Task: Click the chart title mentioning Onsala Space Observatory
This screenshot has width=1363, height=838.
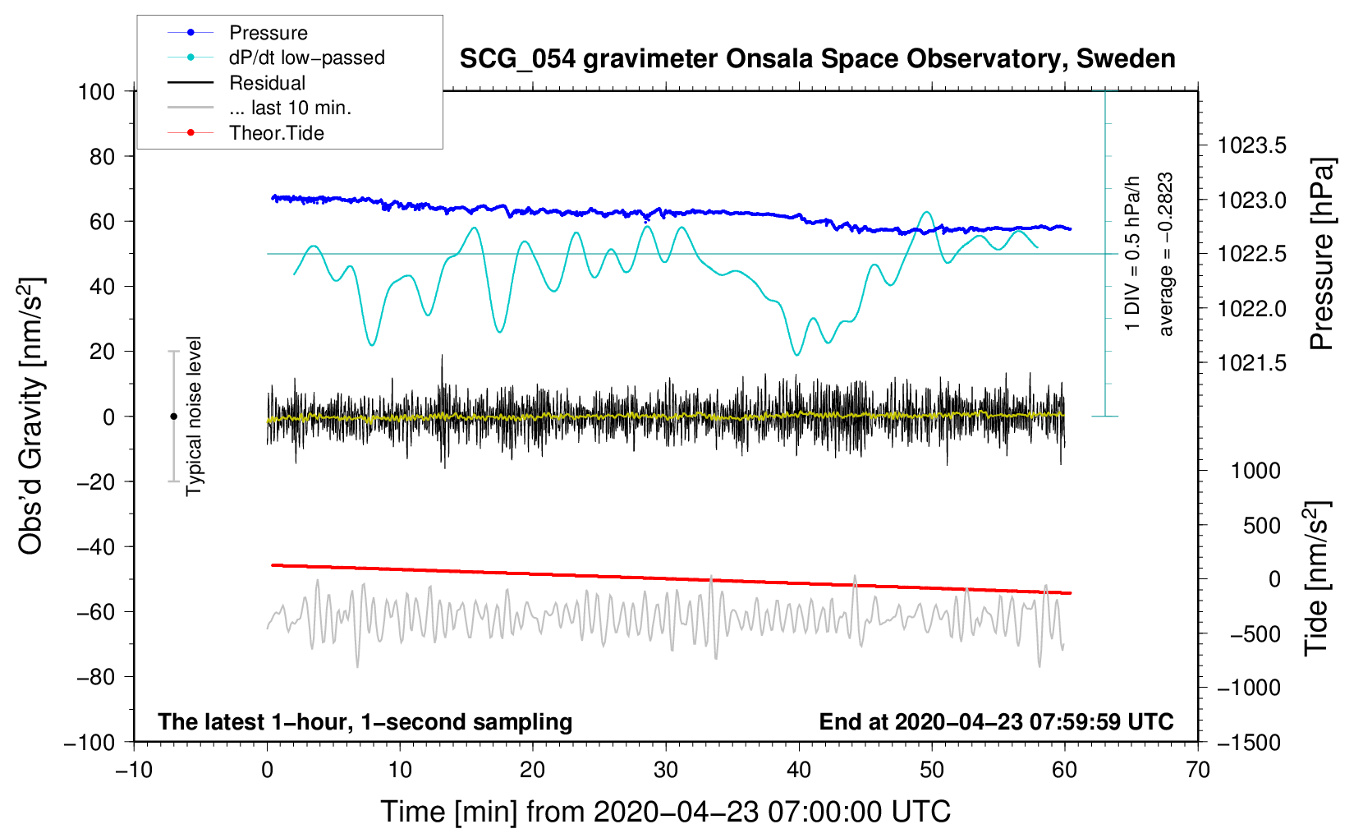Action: point(817,59)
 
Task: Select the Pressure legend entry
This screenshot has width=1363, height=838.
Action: point(268,33)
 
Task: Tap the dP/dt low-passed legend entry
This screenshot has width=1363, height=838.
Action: point(306,58)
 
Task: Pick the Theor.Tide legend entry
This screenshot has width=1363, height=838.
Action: point(276,133)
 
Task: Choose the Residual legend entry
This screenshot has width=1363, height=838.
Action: point(267,83)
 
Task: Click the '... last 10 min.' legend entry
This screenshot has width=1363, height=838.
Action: point(290,108)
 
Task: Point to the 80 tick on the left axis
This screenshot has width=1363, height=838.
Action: point(102,156)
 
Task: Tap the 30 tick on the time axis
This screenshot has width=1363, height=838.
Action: point(666,770)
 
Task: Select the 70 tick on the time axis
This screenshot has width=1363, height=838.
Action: point(1198,770)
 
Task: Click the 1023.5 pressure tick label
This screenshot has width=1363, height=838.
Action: point(1251,146)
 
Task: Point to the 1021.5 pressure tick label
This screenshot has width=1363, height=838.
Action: point(1251,363)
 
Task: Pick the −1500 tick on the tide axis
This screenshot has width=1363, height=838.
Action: point(1249,742)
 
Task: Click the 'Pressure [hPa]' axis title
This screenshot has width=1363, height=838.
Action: point(1321,254)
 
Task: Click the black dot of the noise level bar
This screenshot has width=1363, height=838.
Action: point(173,417)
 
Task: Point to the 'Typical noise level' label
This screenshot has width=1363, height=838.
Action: point(194,416)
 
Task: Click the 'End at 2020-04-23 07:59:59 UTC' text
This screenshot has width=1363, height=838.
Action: point(996,721)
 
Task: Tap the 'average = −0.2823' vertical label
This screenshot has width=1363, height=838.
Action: point(1166,254)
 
